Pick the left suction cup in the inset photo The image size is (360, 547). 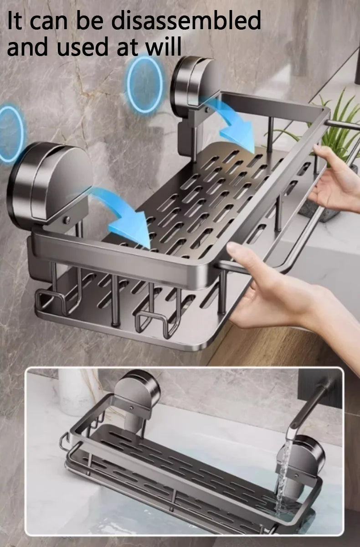(x=137, y=392)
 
